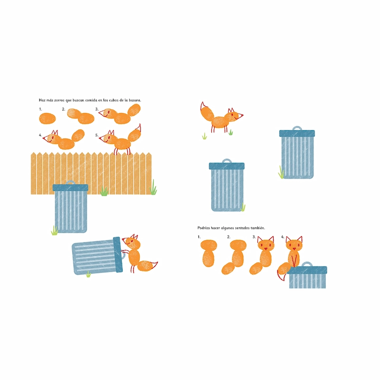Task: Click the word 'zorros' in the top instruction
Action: point(59,100)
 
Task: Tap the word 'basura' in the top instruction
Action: point(135,100)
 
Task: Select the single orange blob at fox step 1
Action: point(47,118)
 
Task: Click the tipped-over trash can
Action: point(97,256)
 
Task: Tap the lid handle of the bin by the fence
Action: point(70,182)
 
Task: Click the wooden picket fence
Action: point(91,173)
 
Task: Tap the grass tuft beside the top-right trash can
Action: point(281,172)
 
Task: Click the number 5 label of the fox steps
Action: point(97,135)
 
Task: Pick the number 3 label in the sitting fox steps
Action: point(254,237)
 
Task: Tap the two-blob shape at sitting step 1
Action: point(209,253)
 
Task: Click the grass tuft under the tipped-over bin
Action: point(88,274)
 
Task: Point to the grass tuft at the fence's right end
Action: point(153,187)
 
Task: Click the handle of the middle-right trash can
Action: point(227,161)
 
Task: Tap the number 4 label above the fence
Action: point(40,135)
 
